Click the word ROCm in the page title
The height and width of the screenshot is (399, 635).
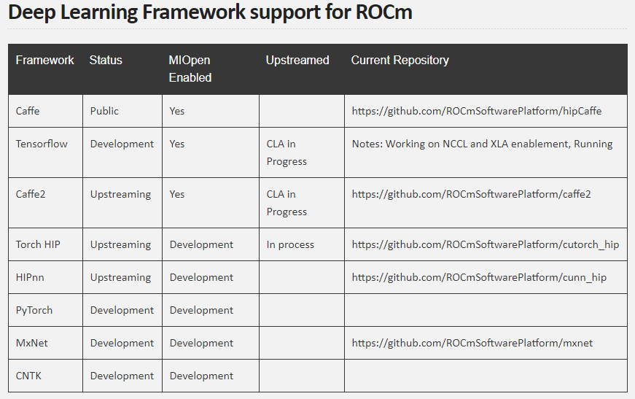coord(384,12)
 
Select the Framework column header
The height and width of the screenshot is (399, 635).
coord(45,60)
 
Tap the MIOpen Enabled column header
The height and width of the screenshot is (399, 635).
coord(190,69)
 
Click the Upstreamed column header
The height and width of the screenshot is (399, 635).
coord(297,60)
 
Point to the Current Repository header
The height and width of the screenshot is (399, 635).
coord(400,61)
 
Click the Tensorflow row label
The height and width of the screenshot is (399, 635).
coord(42,144)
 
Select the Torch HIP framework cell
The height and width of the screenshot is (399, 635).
coord(38,244)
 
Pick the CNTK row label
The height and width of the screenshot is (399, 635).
coord(28,376)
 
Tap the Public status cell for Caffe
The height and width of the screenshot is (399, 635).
coord(104,111)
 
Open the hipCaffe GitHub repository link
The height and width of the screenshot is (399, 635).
coord(477,112)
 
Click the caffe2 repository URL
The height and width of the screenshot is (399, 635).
coord(472,195)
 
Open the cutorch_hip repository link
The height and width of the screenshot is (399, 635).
coord(486,244)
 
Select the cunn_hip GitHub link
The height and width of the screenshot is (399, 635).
coord(479,277)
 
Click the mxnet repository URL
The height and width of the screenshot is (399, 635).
coord(472,343)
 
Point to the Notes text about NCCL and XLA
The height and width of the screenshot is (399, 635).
coord(483,144)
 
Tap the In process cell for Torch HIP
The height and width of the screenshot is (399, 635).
coord(290,244)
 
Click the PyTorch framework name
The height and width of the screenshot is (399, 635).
coord(34,310)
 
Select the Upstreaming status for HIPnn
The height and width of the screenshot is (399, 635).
coord(121,277)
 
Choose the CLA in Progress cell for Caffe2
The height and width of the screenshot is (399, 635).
coord(287,203)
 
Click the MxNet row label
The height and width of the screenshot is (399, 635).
coord(31,343)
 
